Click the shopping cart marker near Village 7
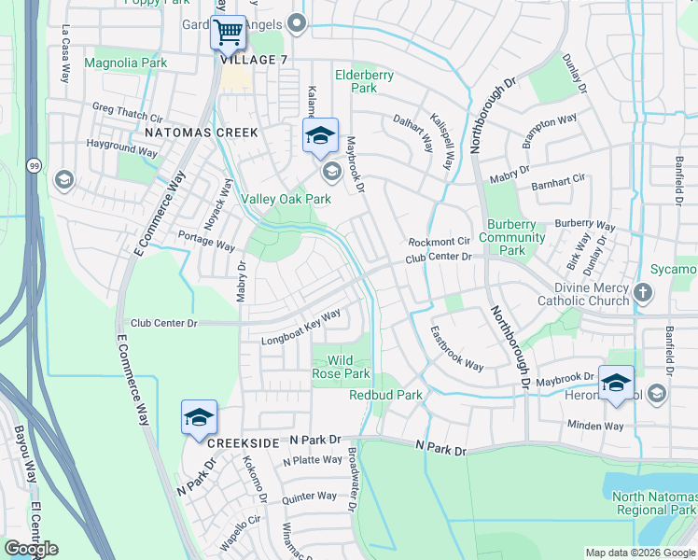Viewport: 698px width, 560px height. (x=228, y=34)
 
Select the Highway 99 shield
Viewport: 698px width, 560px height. (x=33, y=165)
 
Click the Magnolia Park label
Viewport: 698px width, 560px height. (x=125, y=63)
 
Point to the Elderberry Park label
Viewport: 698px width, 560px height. (x=364, y=81)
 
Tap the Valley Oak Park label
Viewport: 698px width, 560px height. (x=286, y=199)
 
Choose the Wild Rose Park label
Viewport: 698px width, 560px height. (x=341, y=367)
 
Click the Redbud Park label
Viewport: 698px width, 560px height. (x=385, y=395)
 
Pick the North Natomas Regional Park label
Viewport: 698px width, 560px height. (x=654, y=503)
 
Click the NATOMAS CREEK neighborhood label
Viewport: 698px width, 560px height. (x=201, y=133)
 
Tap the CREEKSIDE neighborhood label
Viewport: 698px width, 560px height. (x=244, y=442)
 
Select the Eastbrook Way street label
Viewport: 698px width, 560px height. (x=456, y=348)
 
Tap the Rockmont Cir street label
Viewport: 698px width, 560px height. (x=438, y=242)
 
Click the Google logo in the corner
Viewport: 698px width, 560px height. (x=31, y=549)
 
